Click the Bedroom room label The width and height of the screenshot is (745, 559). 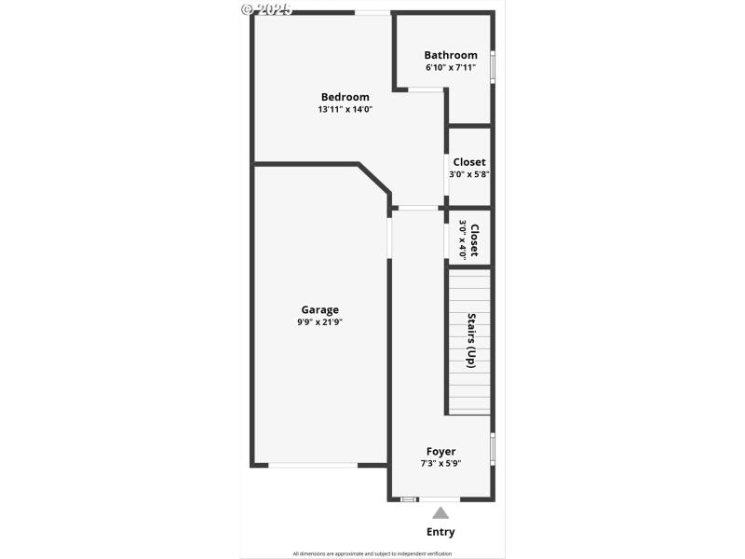[345, 97]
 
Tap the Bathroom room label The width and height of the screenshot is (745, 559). [451, 55]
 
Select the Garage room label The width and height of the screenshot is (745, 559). [319, 310]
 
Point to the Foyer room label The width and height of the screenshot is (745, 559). [440, 451]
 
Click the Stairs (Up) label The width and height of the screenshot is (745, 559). [471, 340]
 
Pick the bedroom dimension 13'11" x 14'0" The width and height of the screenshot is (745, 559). [345, 109]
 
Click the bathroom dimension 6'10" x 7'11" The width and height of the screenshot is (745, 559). [451, 67]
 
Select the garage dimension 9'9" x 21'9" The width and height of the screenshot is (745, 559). [319, 322]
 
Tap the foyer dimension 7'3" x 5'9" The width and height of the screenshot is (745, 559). [440, 463]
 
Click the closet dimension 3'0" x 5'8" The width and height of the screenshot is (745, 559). [469, 174]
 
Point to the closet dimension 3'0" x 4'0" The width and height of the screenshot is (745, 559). [462, 239]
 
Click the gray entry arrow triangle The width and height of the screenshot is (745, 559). [440, 512]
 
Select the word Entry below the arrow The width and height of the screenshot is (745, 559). [440, 532]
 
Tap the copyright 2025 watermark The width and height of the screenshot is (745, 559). [266, 8]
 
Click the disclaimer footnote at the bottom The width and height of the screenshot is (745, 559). [372, 553]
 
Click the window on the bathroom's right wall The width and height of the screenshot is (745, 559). [492, 67]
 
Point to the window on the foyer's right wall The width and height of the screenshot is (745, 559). [492, 448]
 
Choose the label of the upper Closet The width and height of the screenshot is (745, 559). [469, 162]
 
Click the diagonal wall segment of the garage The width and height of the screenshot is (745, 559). [374, 180]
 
